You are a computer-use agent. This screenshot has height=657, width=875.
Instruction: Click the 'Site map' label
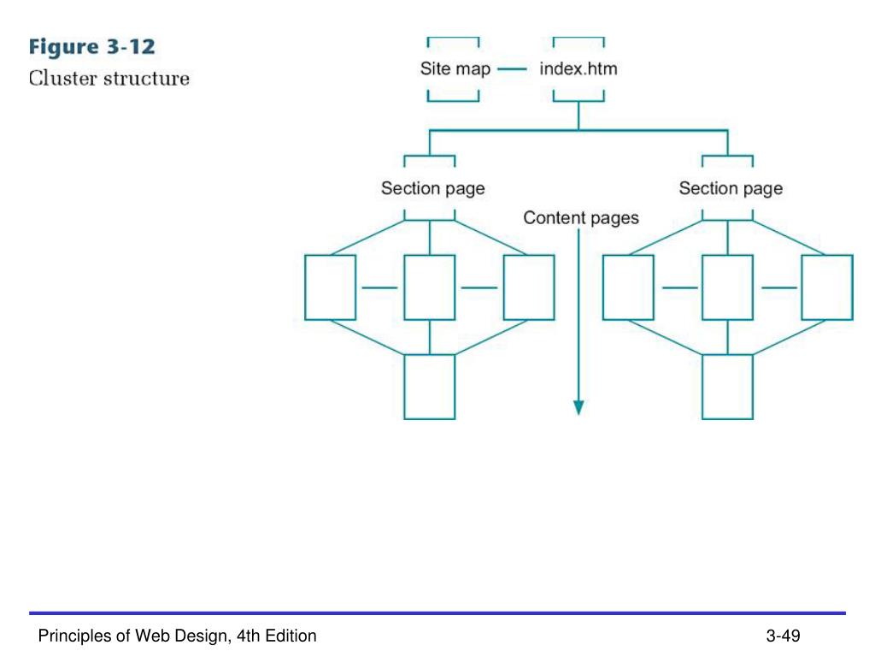click(x=455, y=68)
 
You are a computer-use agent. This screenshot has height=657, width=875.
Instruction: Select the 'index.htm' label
click(x=578, y=68)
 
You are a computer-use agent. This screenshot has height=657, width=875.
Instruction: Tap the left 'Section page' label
click(x=432, y=188)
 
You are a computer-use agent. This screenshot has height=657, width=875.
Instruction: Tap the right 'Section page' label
click(x=731, y=188)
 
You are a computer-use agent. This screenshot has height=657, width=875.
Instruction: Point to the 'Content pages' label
click(x=580, y=218)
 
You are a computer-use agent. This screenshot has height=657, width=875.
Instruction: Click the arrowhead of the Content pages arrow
click(x=578, y=407)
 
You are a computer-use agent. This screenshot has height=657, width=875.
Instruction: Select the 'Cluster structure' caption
click(x=109, y=79)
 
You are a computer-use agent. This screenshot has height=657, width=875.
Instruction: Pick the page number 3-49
click(x=782, y=636)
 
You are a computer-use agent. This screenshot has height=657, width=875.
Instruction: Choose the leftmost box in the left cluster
click(x=331, y=287)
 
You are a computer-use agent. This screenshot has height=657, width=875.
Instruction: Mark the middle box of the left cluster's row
click(x=430, y=287)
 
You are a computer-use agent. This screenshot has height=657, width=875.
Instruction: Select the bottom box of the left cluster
click(x=430, y=387)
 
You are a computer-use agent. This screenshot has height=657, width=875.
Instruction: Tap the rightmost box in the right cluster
click(x=826, y=287)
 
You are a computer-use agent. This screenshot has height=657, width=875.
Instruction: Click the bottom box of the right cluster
click(x=727, y=387)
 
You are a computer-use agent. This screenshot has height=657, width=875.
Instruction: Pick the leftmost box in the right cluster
click(x=628, y=287)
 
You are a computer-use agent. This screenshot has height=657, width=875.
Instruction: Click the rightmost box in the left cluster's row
click(x=529, y=287)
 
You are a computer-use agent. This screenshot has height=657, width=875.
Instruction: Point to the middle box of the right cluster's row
click(x=727, y=287)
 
